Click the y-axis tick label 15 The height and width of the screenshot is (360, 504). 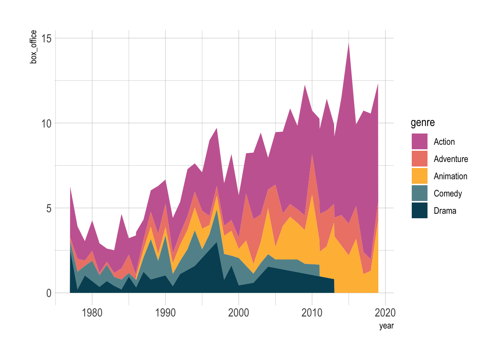click(46, 38)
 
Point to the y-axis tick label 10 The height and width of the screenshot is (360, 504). click(46, 123)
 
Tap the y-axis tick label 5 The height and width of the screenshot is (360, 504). click(49, 208)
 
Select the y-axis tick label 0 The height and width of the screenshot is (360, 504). click(49, 293)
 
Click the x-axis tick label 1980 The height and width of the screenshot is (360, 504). click(92, 313)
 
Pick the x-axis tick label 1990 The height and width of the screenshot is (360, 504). click(165, 313)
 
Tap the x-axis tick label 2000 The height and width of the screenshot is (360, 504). click(238, 313)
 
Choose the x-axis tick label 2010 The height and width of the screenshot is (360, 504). click(312, 313)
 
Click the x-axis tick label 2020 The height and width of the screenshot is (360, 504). click(385, 313)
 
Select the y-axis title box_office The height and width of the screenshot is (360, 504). click(34, 47)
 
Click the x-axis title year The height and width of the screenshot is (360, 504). click(386, 325)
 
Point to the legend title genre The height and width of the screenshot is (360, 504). click(423, 123)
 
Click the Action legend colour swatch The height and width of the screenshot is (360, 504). click(419, 141)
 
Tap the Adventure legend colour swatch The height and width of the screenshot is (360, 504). click(419, 159)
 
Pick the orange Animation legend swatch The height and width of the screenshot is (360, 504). click(419, 176)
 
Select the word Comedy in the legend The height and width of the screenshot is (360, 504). click(448, 193)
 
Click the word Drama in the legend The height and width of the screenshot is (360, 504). click(445, 211)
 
